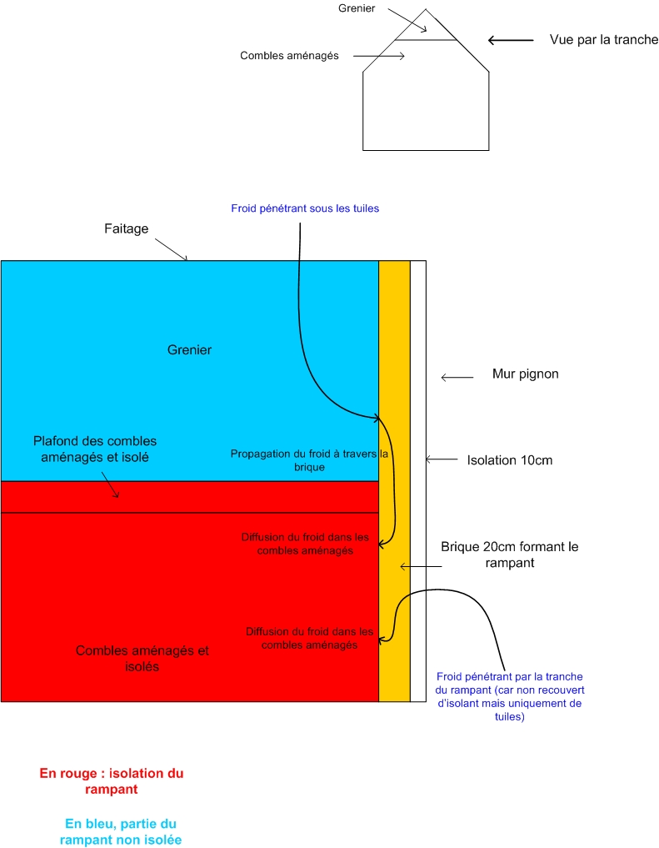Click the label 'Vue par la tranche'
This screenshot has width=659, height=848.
[604, 40]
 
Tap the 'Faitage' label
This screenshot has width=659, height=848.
[127, 228]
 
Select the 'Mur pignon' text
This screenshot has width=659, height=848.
[525, 374]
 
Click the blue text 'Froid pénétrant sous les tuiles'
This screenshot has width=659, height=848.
[305, 208]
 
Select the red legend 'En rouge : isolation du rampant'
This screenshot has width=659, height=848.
[112, 780]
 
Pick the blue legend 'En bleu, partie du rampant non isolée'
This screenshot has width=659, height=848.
[121, 830]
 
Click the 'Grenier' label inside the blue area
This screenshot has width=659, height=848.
[189, 350]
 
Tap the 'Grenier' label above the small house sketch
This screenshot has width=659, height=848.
[357, 8]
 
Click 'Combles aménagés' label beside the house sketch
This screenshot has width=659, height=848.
[289, 56]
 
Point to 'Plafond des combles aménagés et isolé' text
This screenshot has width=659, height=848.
[95, 449]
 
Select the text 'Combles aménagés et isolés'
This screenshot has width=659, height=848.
[142, 659]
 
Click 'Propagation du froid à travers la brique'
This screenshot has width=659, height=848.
[308, 460]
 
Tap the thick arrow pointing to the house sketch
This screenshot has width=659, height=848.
[510, 40]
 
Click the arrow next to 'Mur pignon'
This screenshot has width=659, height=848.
[456, 379]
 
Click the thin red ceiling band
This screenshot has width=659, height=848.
[190, 497]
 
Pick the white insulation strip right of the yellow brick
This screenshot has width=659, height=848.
[418, 481]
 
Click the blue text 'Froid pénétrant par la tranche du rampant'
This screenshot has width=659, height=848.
[509, 696]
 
